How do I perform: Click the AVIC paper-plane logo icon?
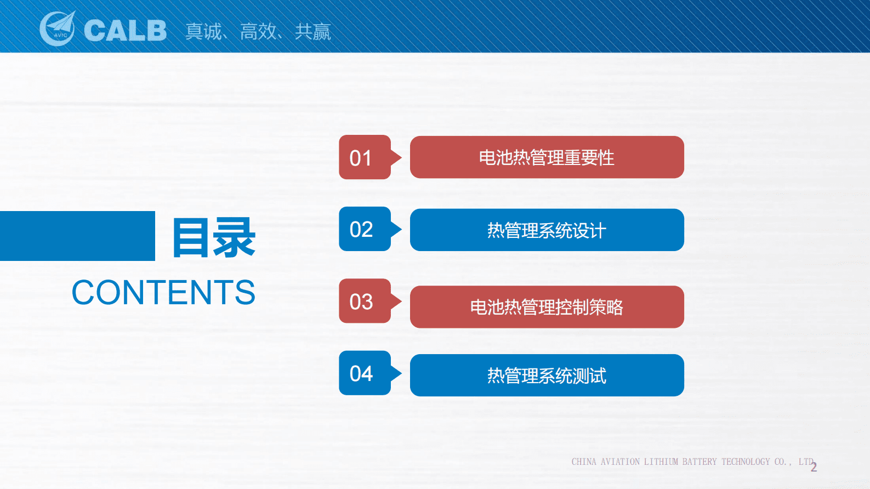click(x=58, y=28)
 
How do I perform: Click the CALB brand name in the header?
click(x=125, y=30)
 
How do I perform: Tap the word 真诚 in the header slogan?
click(x=203, y=31)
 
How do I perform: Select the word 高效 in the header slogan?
click(x=258, y=31)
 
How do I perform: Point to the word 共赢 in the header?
click(x=313, y=31)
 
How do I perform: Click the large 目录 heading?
click(x=214, y=237)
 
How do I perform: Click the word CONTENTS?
click(x=163, y=292)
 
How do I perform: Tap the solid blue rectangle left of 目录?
click(x=77, y=236)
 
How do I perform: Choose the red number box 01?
click(x=365, y=157)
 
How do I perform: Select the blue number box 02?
click(x=365, y=229)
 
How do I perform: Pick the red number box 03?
click(x=365, y=300)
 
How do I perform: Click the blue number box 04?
click(x=365, y=373)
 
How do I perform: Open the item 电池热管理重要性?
click(x=547, y=157)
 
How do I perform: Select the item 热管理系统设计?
click(x=547, y=230)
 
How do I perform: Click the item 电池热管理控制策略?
click(x=547, y=307)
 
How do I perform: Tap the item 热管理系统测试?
click(x=547, y=375)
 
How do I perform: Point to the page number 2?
click(x=814, y=467)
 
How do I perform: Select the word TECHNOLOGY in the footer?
click(x=746, y=462)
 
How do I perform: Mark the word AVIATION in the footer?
click(x=620, y=462)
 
